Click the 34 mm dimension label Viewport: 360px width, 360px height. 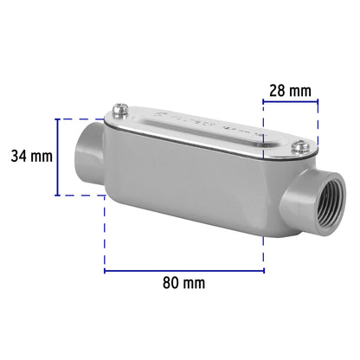(31, 157)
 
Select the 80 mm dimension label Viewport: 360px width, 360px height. (183, 283)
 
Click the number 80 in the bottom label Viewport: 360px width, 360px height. (170, 283)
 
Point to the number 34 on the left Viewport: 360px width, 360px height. (19, 157)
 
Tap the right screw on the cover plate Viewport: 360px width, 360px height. (297, 150)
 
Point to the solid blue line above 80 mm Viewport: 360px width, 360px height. (184, 270)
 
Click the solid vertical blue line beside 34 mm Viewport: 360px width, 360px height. (58, 157)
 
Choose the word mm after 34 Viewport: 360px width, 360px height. (42, 157)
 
